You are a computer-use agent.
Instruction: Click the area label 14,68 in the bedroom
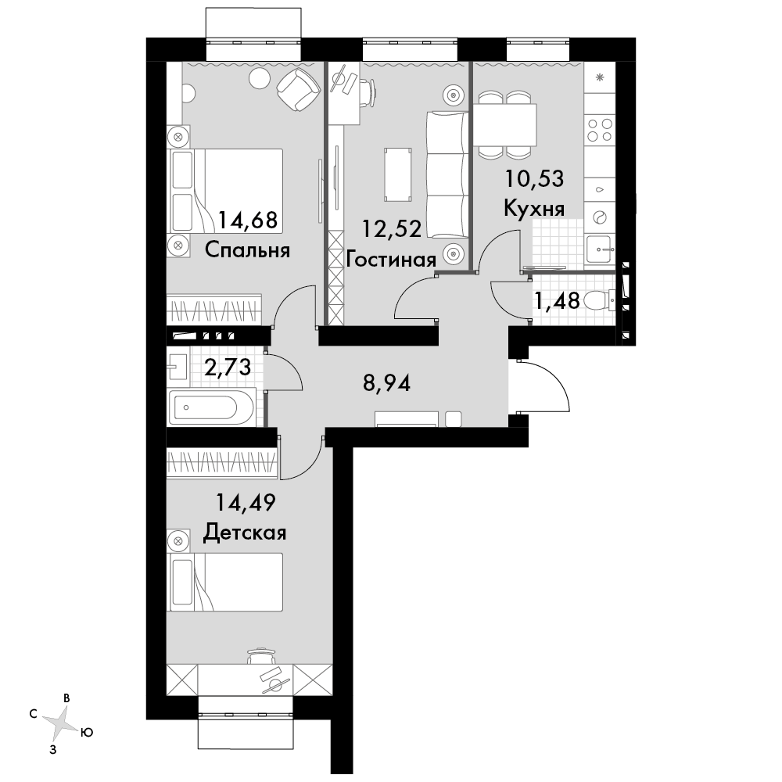247,220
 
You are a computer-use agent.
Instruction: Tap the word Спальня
247,250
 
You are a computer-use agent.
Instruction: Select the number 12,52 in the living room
392,229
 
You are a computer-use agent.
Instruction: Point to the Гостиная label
391,260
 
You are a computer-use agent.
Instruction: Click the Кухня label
534,209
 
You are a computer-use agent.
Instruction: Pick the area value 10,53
535,178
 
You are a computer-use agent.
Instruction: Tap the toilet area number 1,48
557,301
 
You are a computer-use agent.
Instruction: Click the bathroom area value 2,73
228,368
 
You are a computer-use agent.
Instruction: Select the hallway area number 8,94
386,383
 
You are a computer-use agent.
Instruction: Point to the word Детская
245,533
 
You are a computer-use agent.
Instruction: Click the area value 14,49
246,503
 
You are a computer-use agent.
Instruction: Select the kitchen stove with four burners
600,129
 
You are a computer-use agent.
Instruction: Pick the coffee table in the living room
398,174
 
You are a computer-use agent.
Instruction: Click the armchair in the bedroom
298,89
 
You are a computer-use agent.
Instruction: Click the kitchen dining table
504,124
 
